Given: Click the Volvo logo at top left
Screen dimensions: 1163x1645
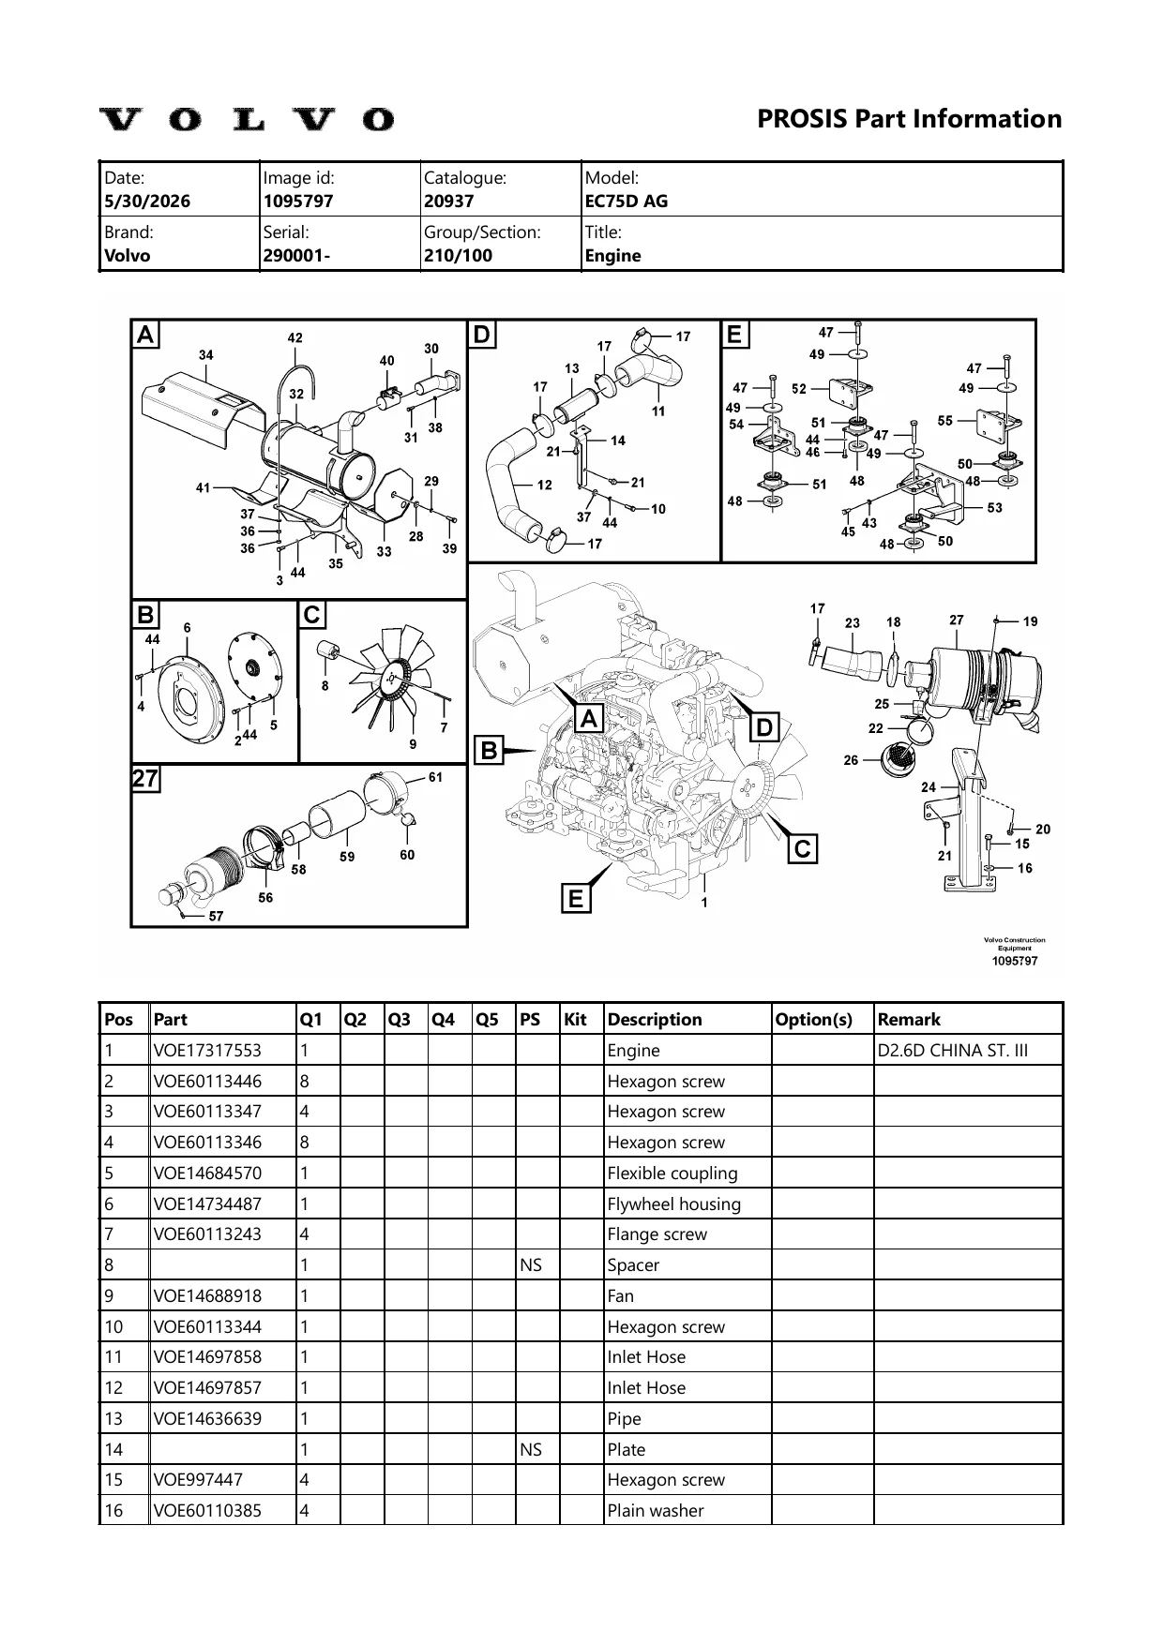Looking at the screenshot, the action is coord(247,119).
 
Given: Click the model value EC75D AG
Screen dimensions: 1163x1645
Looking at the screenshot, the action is coord(626,201).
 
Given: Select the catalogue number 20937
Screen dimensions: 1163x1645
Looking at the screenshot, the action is coord(448,201).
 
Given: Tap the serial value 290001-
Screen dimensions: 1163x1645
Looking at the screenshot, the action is coord(296,255).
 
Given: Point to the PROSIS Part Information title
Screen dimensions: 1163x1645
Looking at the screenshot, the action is coord(910,119).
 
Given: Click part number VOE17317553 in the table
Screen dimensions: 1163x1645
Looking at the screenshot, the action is coord(207,1050).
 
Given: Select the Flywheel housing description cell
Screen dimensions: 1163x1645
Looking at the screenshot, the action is coord(673,1204).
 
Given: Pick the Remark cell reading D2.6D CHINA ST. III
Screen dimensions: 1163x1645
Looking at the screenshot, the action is coord(953,1050).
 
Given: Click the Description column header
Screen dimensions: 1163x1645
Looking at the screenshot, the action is coord(655,1019).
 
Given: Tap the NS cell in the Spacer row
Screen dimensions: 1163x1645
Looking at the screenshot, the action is coord(531,1264).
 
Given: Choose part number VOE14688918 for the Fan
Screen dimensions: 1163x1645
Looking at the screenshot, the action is coord(207,1295).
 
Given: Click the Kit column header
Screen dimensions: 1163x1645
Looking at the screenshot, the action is coord(575,1019).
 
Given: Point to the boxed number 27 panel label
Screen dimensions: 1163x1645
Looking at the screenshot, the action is coord(145,779).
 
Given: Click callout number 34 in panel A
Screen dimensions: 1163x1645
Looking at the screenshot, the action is coord(205,355).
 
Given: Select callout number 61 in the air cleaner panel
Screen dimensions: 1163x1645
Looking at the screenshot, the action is coord(435,777).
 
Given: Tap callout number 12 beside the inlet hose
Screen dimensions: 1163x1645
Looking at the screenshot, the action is coord(545,486).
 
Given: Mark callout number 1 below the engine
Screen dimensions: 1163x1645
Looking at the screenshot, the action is coord(704,903).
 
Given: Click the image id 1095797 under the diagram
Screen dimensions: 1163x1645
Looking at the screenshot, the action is coord(1015,961).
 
